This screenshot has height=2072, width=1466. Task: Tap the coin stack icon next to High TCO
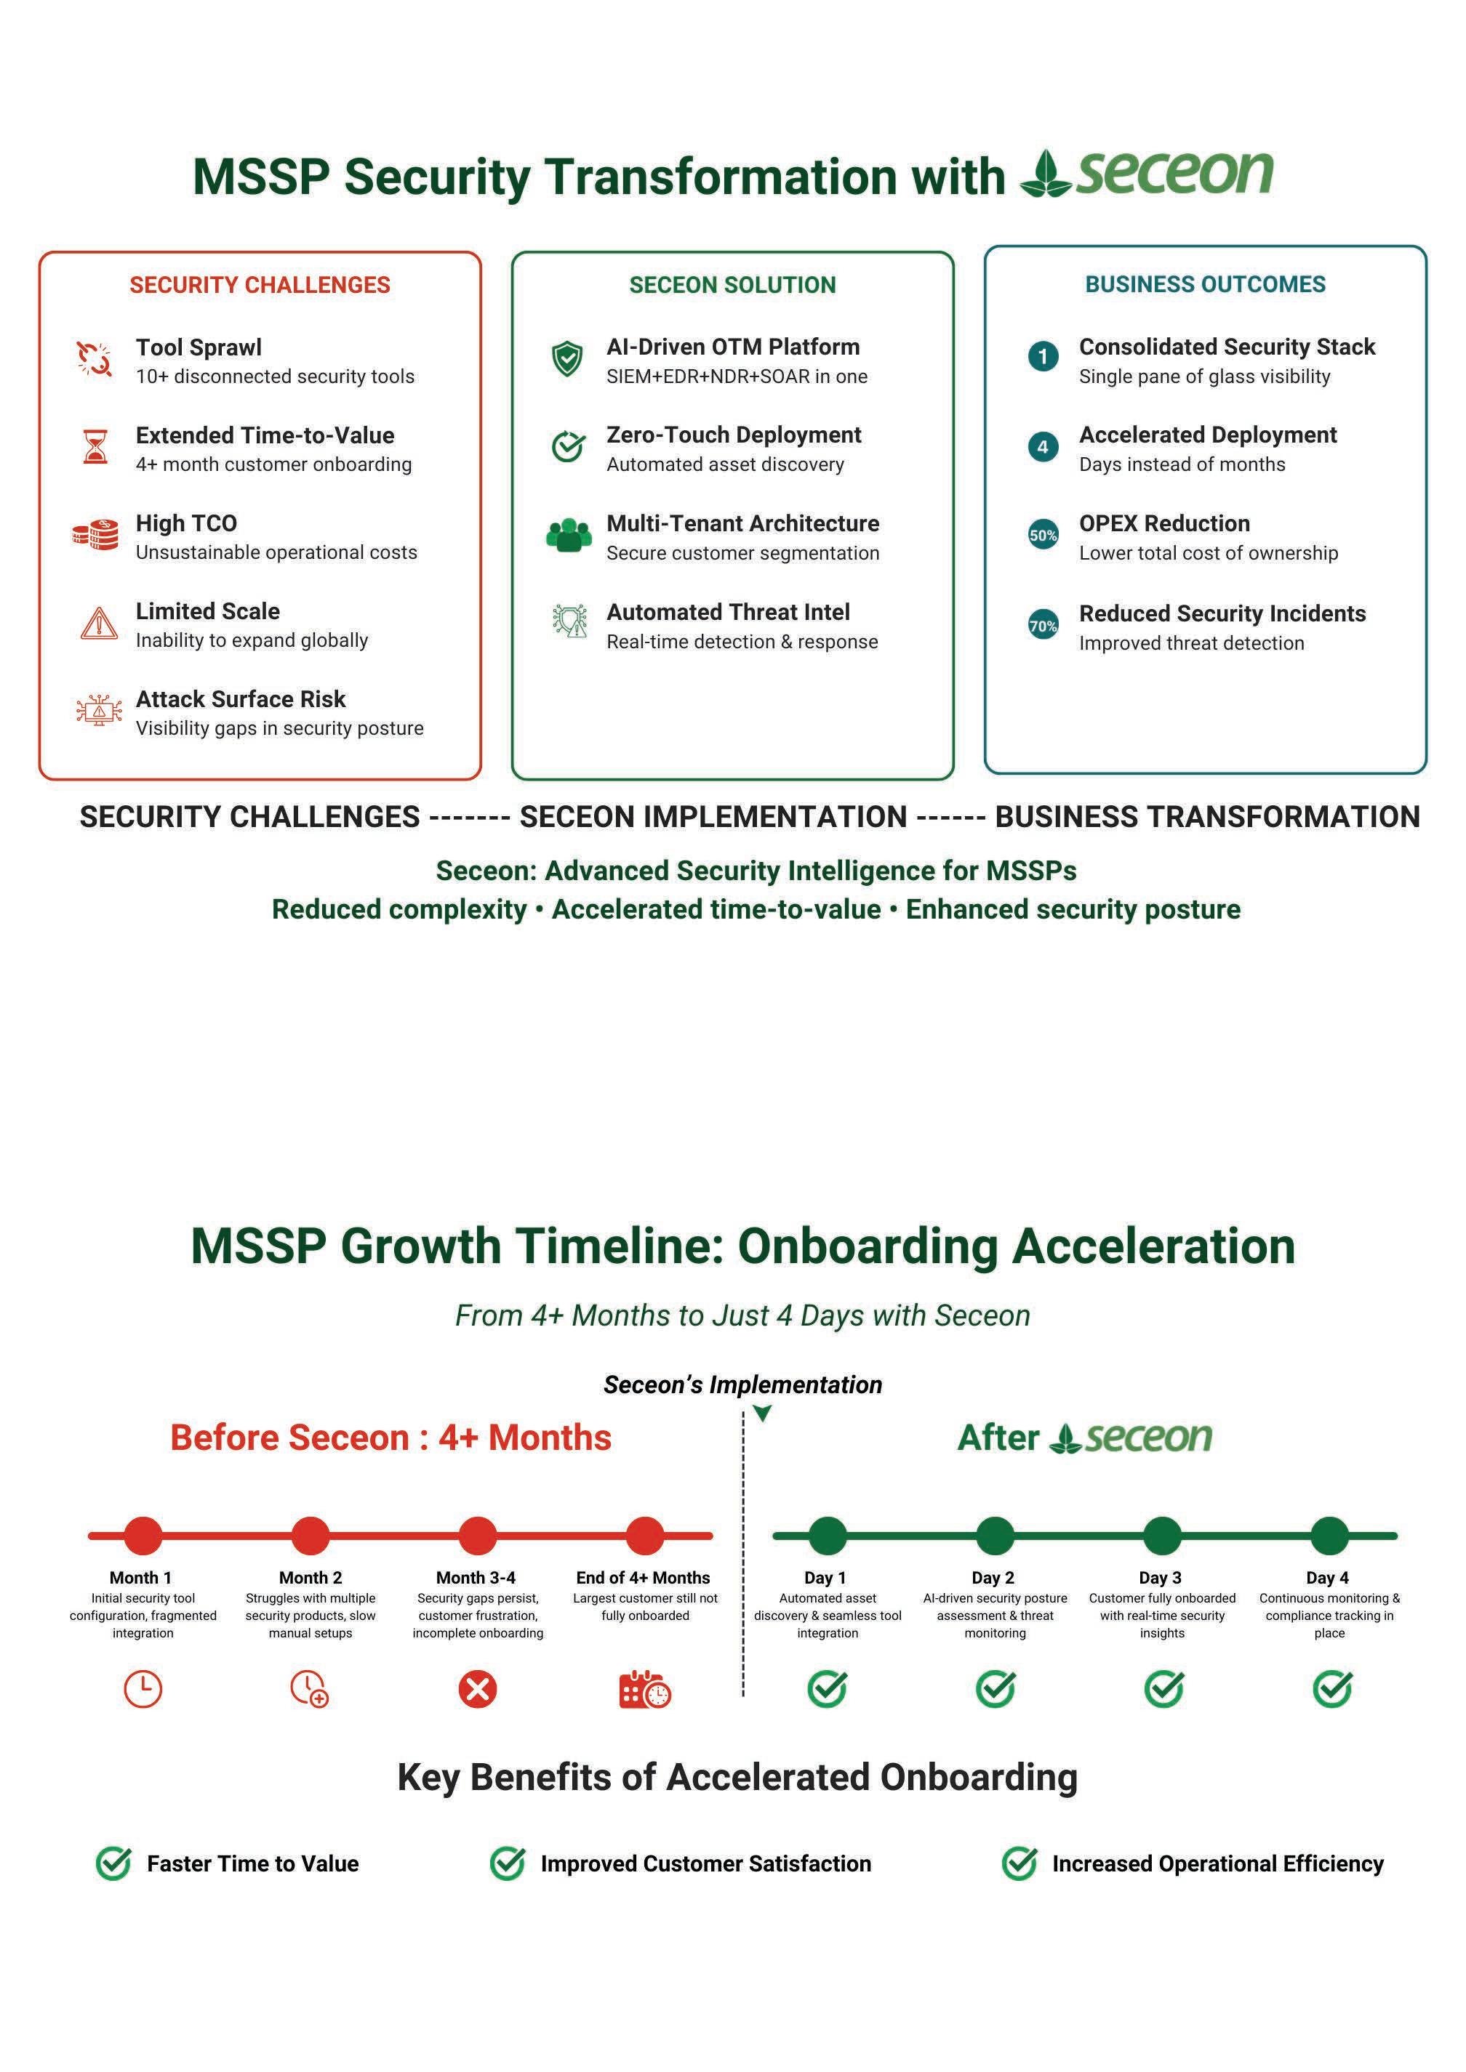click(x=96, y=534)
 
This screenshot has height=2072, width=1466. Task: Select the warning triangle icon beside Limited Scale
click(x=98, y=623)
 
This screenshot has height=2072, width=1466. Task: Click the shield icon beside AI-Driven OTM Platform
click(x=567, y=358)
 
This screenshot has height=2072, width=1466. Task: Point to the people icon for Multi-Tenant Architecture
click(x=569, y=535)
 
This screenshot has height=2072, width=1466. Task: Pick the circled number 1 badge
click(x=1043, y=356)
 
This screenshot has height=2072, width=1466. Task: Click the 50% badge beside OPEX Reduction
click(x=1043, y=535)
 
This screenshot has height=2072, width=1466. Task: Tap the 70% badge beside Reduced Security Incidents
click(x=1043, y=626)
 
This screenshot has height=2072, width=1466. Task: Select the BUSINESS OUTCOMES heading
click(x=1204, y=284)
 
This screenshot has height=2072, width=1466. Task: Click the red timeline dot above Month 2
click(x=311, y=1535)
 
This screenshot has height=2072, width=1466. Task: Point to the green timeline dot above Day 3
click(x=1162, y=1535)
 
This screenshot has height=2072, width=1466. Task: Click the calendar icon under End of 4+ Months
click(x=644, y=1690)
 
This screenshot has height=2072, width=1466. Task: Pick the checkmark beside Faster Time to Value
click(x=113, y=1863)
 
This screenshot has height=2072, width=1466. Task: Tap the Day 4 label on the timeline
click(x=1327, y=1578)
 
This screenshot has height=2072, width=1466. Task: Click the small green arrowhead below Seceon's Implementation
click(x=763, y=1414)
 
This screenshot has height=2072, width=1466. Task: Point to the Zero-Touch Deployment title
click(x=733, y=435)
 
